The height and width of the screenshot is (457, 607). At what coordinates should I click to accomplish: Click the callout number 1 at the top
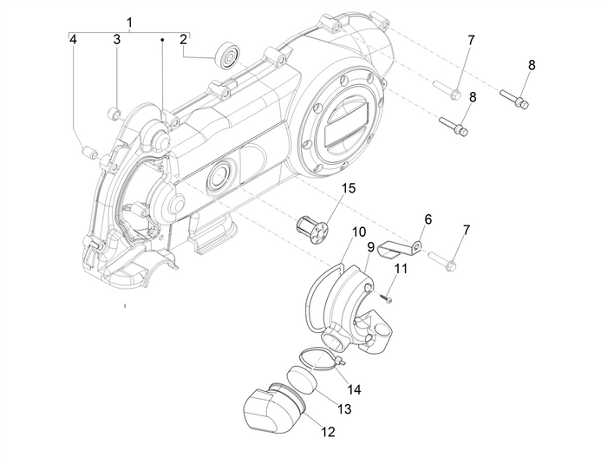[x=130, y=21]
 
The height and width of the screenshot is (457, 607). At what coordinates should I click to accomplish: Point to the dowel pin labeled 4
[x=86, y=152]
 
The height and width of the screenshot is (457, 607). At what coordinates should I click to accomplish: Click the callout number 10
[x=359, y=232]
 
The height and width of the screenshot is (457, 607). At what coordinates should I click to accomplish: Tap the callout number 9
[x=370, y=247]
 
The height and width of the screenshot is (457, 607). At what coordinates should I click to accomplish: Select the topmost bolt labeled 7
[x=445, y=88]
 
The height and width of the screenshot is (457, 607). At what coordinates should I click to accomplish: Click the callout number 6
[x=428, y=219]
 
